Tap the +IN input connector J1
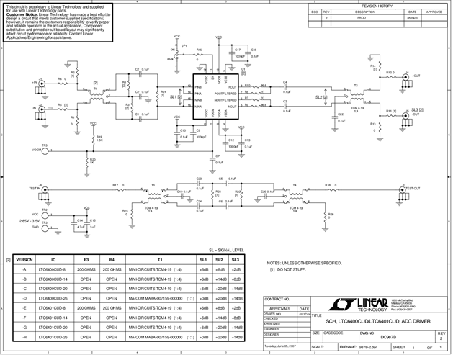[42, 84]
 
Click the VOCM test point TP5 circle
[45, 150]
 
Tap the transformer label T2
[355, 85]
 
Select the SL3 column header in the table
[236, 258]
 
